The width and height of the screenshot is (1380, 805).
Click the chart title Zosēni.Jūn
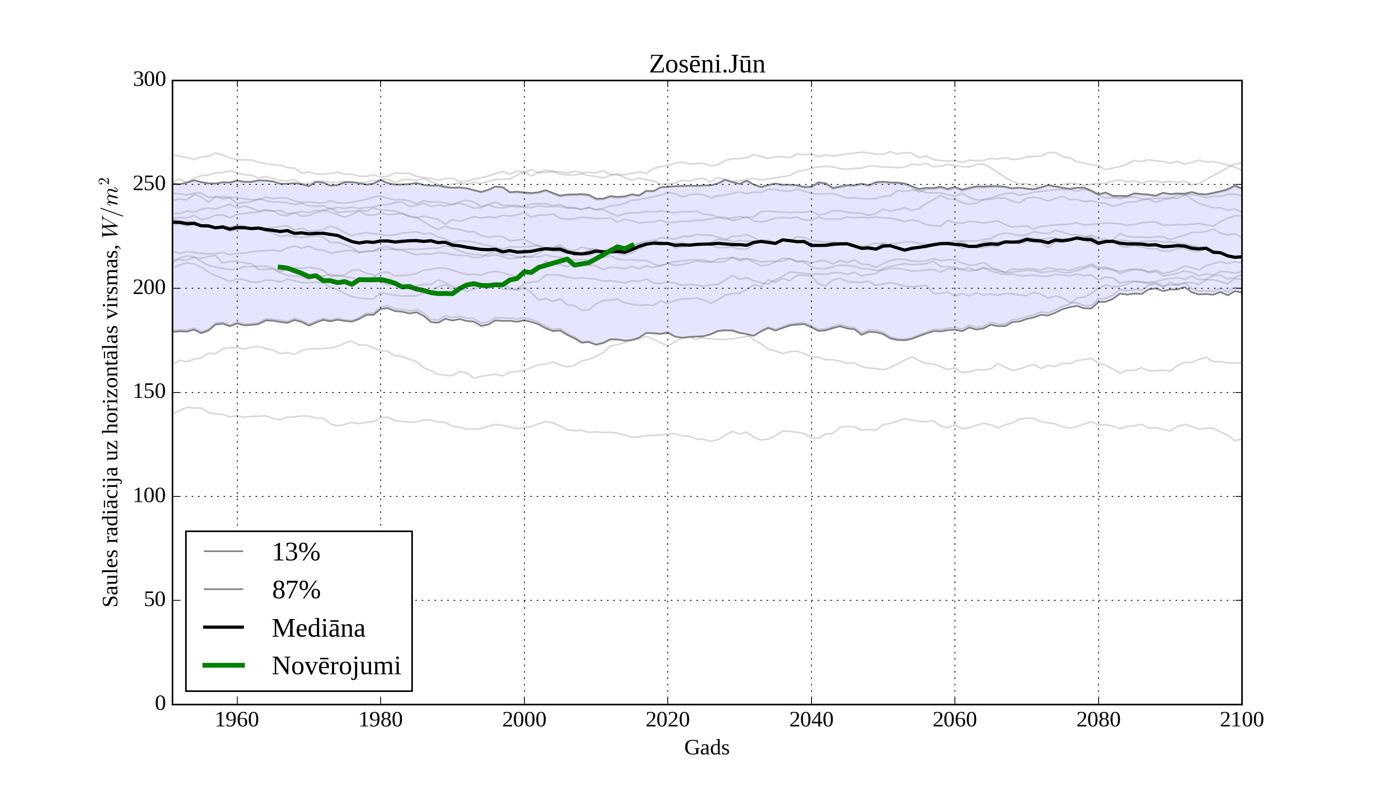click(x=707, y=65)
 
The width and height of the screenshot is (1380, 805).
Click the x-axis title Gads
click(x=706, y=748)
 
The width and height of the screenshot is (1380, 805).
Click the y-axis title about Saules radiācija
click(x=111, y=392)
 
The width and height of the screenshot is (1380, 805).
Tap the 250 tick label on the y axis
click(x=149, y=184)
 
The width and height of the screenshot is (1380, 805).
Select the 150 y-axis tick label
click(x=149, y=392)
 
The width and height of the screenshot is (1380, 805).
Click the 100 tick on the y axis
click(x=149, y=496)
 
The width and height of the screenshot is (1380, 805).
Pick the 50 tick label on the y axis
click(x=154, y=600)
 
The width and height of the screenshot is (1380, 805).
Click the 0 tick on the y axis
click(x=161, y=704)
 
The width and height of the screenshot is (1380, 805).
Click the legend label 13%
click(x=296, y=552)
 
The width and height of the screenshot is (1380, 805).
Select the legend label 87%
click(x=296, y=590)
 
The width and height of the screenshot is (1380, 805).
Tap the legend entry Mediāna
click(x=318, y=628)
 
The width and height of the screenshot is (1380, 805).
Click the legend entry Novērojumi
click(x=336, y=666)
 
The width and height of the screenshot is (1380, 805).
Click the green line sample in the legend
click(x=223, y=665)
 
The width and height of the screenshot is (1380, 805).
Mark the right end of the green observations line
click(x=633, y=245)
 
